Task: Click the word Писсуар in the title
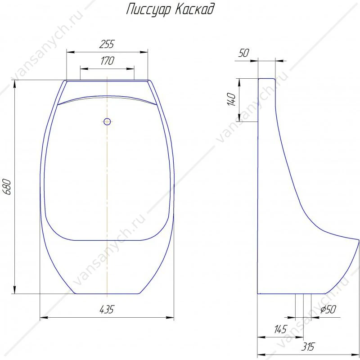(149, 9)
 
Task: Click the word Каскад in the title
(195, 9)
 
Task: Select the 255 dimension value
(107, 44)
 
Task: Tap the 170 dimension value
(107, 61)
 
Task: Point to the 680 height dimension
(7, 187)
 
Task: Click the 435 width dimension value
(107, 310)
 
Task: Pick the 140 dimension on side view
(231, 99)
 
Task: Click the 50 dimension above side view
(243, 53)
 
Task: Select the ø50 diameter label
(328, 309)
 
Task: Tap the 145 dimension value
(280, 329)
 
